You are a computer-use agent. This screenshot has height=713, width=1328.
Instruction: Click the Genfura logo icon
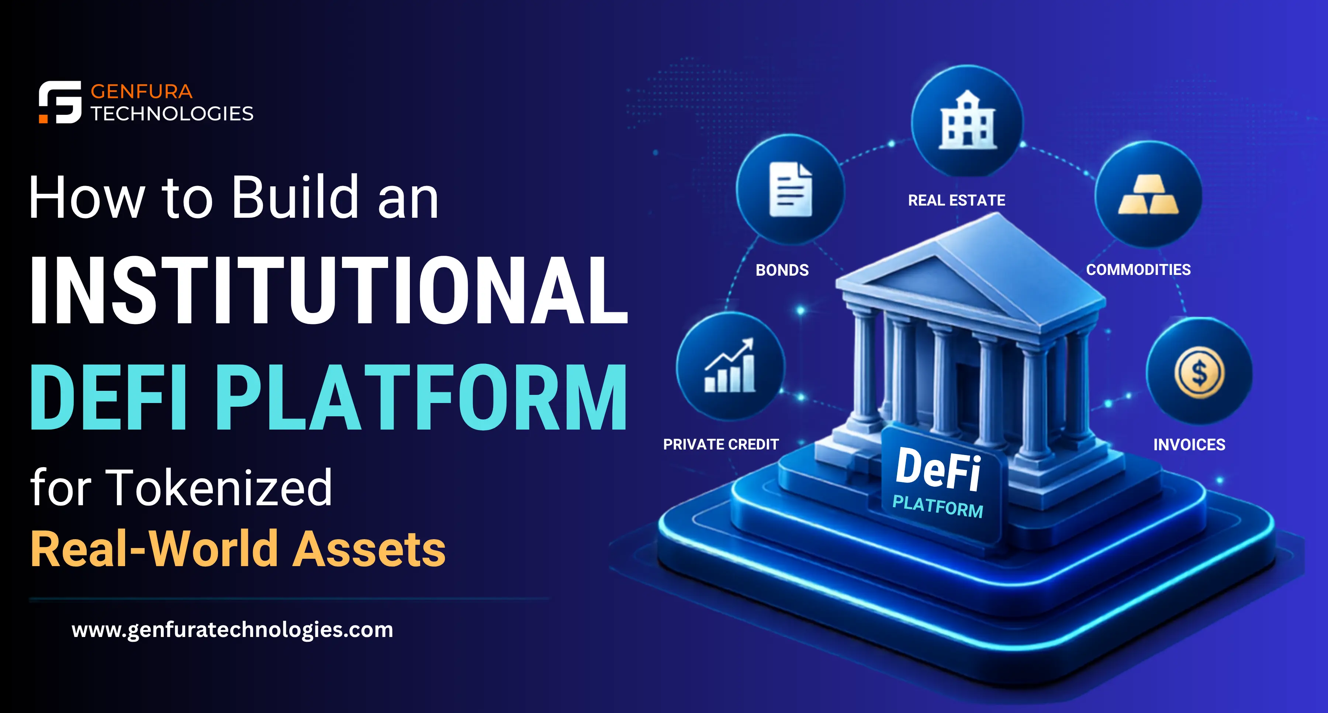click(x=60, y=102)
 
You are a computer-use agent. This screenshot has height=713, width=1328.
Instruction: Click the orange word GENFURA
click(x=142, y=92)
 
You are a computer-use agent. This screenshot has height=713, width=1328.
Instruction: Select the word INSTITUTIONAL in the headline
click(x=329, y=290)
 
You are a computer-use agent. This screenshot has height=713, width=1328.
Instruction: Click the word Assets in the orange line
click(x=369, y=550)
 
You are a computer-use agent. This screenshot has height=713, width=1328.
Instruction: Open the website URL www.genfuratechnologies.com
click(x=232, y=630)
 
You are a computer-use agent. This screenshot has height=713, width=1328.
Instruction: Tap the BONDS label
click(x=782, y=270)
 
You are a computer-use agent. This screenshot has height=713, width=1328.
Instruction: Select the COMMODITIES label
click(x=1138, y=269)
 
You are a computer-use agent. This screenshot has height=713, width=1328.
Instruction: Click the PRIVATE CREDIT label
click(x=721, y=444)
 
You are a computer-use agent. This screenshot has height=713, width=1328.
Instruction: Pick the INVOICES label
click(x=1189, y=445)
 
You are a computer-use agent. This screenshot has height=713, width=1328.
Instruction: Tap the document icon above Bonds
click(x=790, y=189)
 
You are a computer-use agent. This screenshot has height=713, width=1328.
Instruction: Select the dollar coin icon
click(x=1199, y=372)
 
